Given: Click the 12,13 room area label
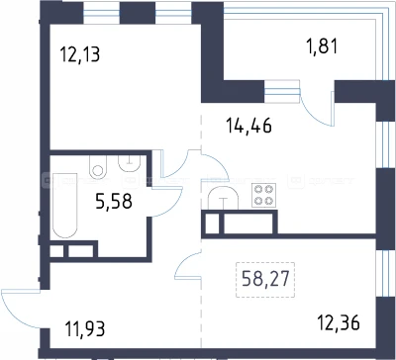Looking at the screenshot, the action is coord(80,54).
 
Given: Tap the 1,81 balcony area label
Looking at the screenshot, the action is coord(322,46).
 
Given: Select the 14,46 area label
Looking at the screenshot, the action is coord(248,126).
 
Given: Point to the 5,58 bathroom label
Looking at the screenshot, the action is coord(114,201).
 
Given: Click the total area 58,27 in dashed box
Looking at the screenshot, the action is coord(265,279).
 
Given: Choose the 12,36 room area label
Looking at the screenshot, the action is coord(339,322).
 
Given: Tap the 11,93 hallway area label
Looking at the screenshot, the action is coord(85,329).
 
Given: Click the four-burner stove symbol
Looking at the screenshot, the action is coord(264,195).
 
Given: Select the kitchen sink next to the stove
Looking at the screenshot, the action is coord(224,198).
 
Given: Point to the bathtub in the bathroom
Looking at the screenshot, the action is coord(65,205).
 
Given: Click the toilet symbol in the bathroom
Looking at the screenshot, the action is coord(98,166).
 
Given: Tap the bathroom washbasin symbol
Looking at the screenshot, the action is coord(130,163).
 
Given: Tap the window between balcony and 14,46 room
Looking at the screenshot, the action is coord(282,91).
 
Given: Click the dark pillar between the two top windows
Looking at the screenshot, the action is coord(138,14).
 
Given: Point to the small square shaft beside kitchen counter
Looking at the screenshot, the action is coord(212,224).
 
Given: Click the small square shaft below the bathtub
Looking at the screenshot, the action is coord(56,251).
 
